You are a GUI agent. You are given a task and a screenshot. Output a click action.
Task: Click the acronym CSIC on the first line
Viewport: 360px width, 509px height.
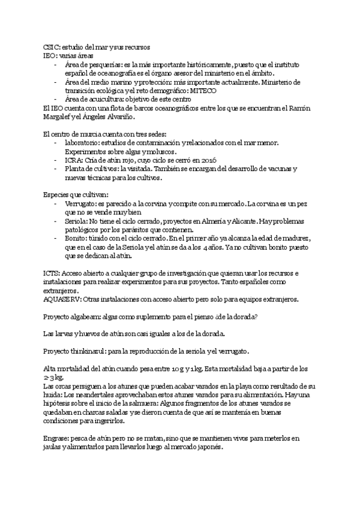[51, 46]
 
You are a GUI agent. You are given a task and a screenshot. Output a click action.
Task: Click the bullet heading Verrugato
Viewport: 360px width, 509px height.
[80, 203]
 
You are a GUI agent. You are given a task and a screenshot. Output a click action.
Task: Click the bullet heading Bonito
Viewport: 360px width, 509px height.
[74, 238]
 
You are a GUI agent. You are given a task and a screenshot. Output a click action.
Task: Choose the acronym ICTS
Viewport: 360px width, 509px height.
[52, 273]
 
